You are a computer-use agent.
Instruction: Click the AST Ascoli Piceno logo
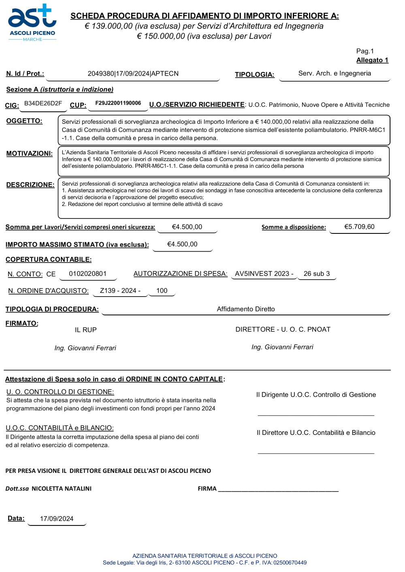tap(32, 22)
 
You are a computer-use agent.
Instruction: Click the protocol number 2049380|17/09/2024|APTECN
tap(133, 74)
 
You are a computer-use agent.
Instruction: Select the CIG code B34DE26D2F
tap(43, 104)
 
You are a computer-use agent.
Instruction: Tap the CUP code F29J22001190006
tap(118, 103)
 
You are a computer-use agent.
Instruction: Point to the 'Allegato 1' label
tap(372, 60)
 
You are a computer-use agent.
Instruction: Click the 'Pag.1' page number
tap(365, 51)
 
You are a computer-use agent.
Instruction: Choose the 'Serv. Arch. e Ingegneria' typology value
tap(335, 73)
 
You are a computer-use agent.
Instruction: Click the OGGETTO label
tap(24, 121)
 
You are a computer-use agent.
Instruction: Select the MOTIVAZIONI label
tap(29, 154)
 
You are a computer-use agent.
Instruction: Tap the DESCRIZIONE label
tap(30, 185)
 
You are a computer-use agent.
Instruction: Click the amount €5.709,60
tap(359, 227)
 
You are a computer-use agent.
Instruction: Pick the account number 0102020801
tap(87, 274)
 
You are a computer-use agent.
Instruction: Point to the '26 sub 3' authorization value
tap(317, 274)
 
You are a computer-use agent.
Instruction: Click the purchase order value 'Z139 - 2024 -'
tap(120, 291)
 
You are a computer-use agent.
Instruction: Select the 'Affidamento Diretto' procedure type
tap(246, 309)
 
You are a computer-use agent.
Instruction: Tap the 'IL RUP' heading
tap(86, 330)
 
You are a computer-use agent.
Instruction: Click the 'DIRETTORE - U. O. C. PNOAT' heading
tap(283, 330)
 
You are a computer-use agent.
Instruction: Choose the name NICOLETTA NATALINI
tap(62, 489)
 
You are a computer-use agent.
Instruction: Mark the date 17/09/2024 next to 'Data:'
tap(57, 519)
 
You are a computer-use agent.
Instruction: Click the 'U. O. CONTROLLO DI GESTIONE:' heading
tap(60, 392)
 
